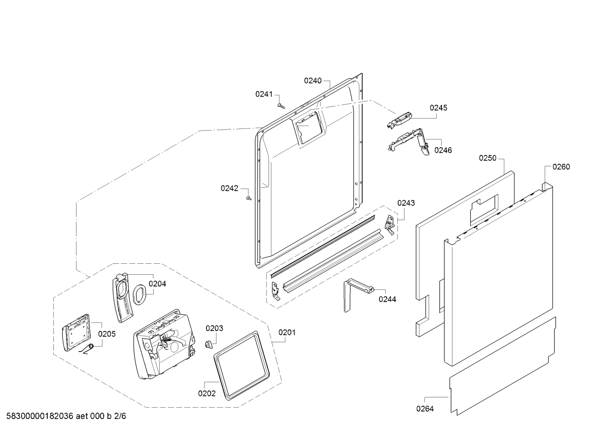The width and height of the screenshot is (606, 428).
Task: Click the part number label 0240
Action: [313, 81]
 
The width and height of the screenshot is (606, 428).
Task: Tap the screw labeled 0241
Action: [281, 106]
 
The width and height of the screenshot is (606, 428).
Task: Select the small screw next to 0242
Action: [249, 199]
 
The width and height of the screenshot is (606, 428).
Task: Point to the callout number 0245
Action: [439, 108]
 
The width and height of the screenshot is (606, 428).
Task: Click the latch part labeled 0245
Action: [399, 120]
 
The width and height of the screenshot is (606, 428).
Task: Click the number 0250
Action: [488, 158]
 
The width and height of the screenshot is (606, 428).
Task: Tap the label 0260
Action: [561, 167]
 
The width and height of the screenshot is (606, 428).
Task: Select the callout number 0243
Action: [406, 203]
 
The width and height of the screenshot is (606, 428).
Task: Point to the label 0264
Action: [425, 409]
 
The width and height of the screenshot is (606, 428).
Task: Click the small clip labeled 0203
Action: [208, 345]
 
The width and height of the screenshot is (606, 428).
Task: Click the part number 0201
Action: [287, 332]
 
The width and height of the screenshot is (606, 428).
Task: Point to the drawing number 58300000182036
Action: [40, 416]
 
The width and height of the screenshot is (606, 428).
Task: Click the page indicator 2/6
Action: [120, 416]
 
